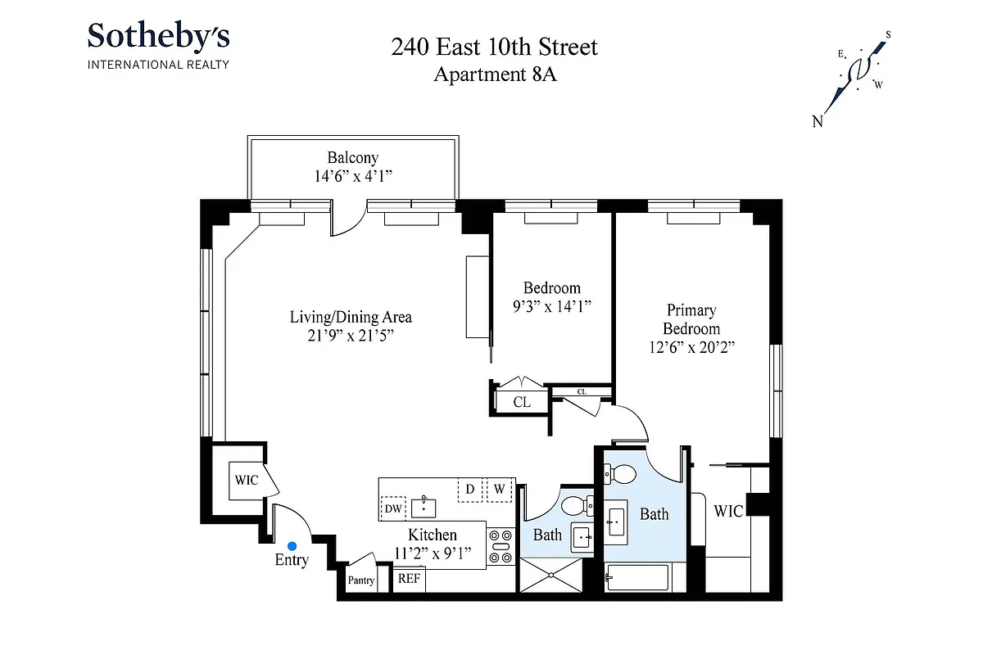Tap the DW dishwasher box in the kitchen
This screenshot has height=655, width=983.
(393, 508)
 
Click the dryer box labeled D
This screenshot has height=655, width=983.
(470, 490)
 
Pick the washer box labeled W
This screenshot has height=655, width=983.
(498, 490)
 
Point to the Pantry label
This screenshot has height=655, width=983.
(361, 580)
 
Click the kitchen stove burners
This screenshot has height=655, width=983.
(500, 547)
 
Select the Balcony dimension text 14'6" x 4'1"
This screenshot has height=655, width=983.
(352, 175)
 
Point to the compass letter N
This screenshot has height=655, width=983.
(817, 122)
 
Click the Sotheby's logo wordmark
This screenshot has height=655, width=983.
(158, 37)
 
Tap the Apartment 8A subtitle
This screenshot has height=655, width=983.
(494, 74)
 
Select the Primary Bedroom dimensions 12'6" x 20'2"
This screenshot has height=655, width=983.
(691, 346)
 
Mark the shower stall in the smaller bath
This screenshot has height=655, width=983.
(553, 575)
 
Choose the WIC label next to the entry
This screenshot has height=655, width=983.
(246, 480)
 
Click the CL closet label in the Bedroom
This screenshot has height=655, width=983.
(521, 402)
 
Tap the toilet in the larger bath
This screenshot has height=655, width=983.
(622, 474)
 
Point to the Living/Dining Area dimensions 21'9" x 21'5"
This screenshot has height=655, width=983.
(350, 335)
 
